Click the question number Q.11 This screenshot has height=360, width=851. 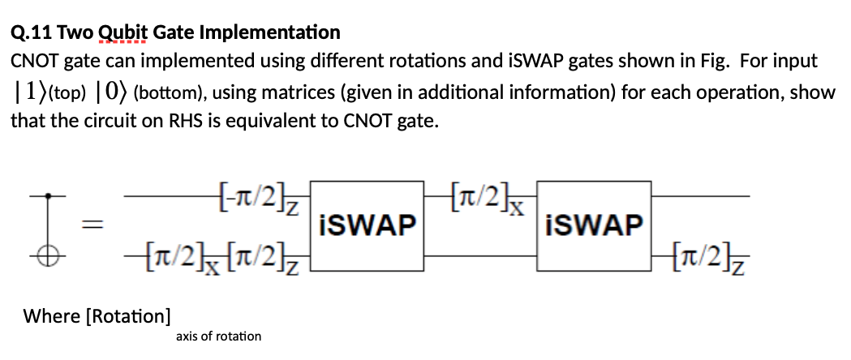32,33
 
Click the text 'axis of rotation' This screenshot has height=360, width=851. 218,336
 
